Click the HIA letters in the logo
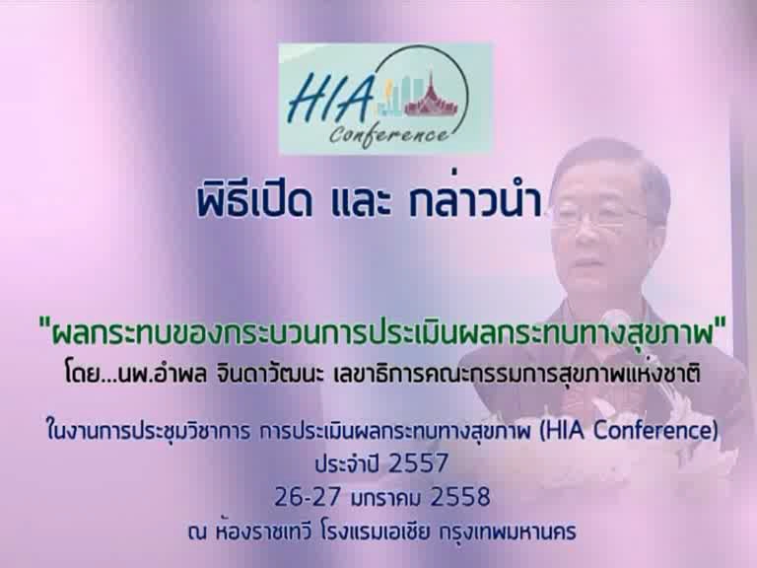pyautogui.click(x=331, y=99)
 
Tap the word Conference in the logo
pyautogui.click(x=389, y=133)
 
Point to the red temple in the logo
pyautogui.click(x=430, y=96)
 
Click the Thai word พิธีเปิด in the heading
pyautogui.click(x=254, y=201)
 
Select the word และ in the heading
pyautogui.click(x=361, y=203)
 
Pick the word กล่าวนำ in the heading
pyautogui.click(x=475, y=201)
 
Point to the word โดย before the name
pyautogui.click(x=83, y=374)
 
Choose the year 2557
pyautogui.click(x=418, y=463)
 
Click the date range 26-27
pyautogui.click(x=308, y=497)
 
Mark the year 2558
pyautogui.click(x=459, y=497)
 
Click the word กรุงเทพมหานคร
pyautogui.click(x=508, y=532)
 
